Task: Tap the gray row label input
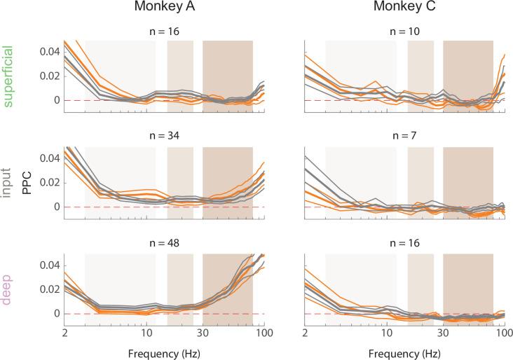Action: pos(9,181)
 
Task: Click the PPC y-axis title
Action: pos(26,181)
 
